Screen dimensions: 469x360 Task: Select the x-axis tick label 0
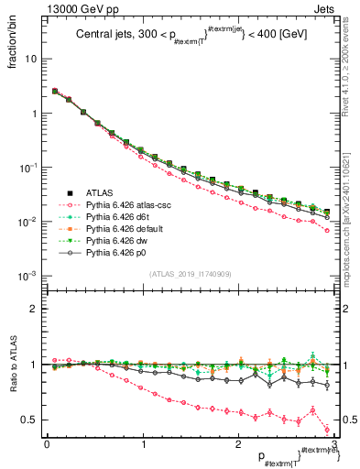pos(47,445)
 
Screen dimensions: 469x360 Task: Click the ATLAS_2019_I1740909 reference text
pos(190,275)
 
